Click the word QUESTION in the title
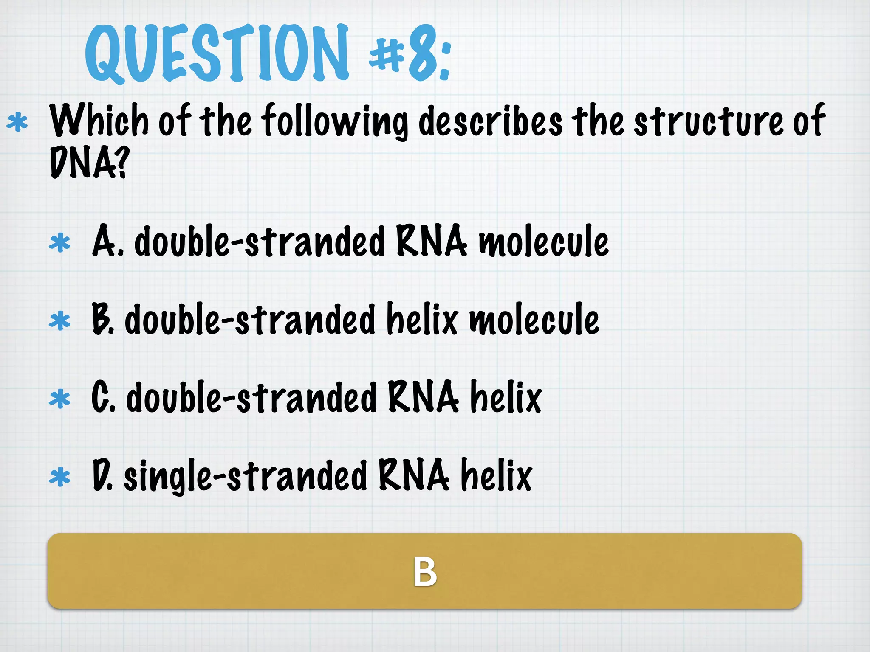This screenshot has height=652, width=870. tap(217, 53)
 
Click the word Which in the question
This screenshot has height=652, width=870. tap(99, 121)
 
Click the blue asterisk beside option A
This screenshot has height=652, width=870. tap(59, 243)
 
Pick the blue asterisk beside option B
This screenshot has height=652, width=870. tap(59, 321)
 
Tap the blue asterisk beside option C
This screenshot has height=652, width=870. tap(59, 399)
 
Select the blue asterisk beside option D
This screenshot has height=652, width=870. tap(59, 477)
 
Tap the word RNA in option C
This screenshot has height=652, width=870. tap(423, 397)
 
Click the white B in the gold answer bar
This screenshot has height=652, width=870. tap(425, 572)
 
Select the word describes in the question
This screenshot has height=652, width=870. tap(491, 121)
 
